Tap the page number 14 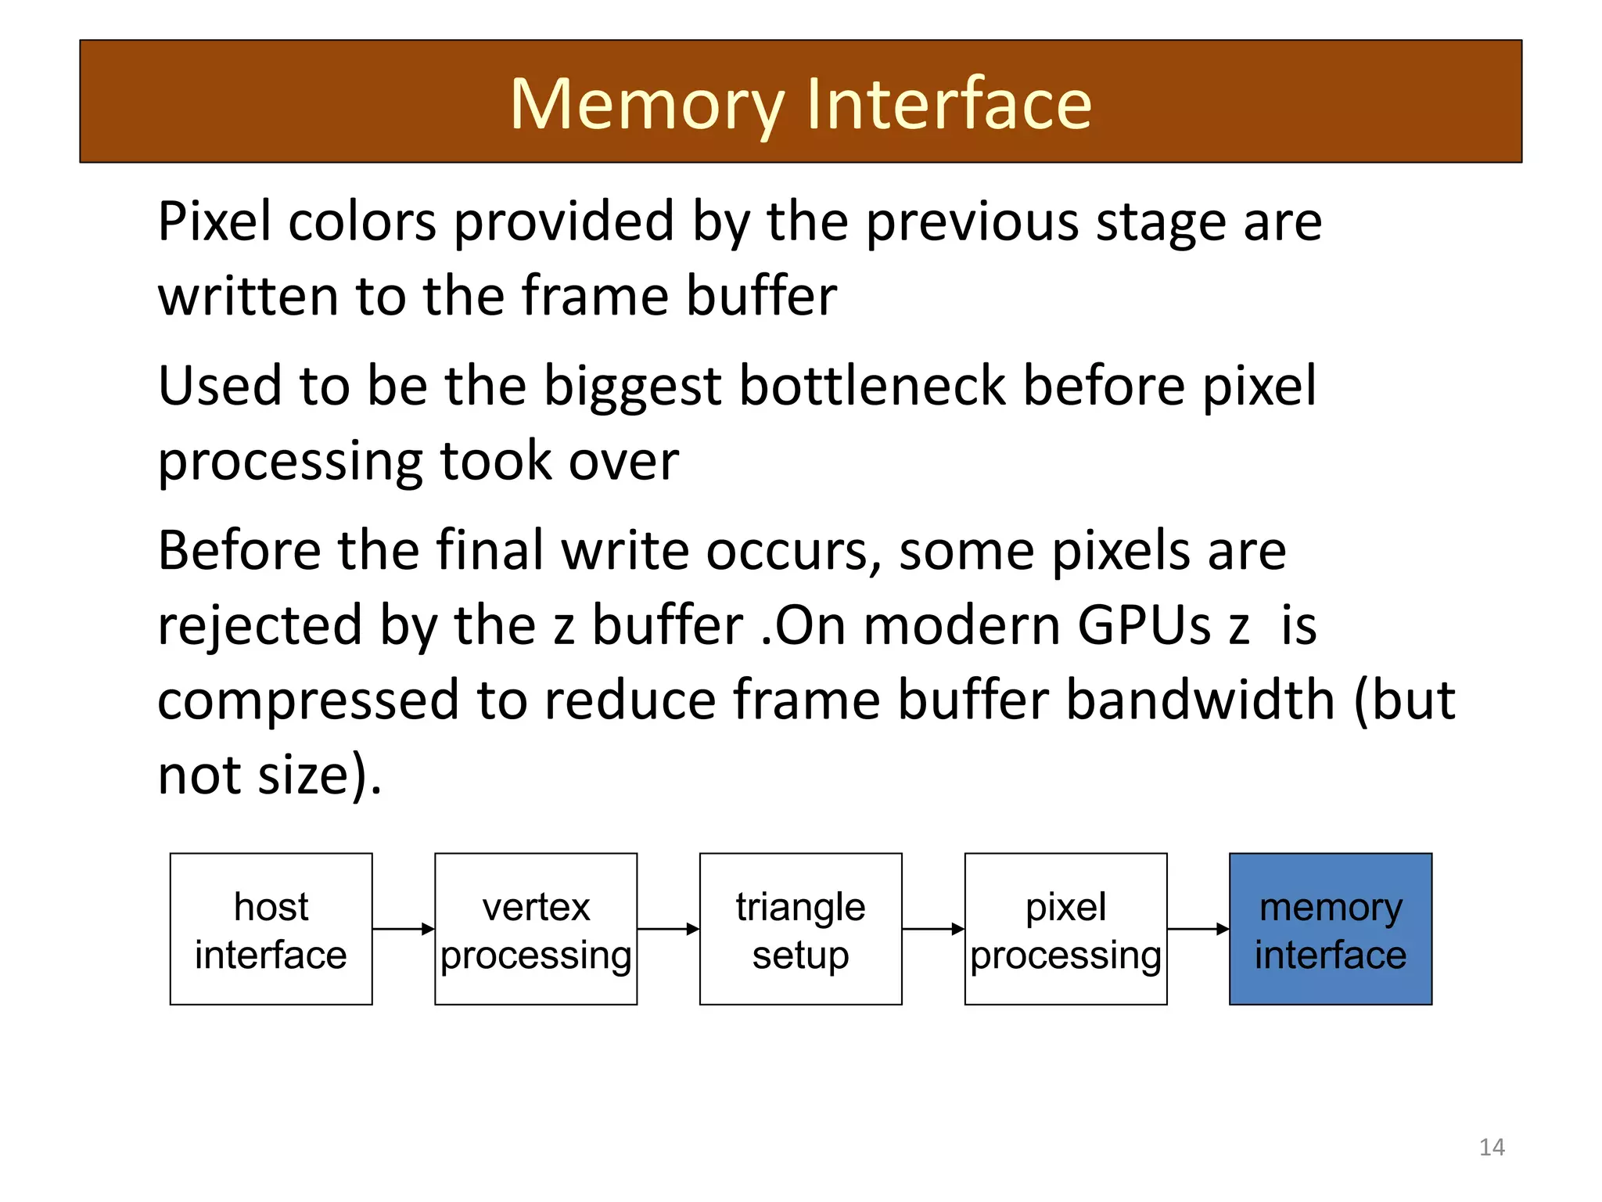(1492, 1147)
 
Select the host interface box (271, 929)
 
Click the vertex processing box (536, 929)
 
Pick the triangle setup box (800, 929)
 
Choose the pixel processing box (1065, 929)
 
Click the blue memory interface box (1331, 929)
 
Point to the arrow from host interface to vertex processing (403, 929)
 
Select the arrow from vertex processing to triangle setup (668, 929)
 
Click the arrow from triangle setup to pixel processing (932, 929)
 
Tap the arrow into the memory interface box (1198, 929)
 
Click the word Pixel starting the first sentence (214, 221)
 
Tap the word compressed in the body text (308, 701)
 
